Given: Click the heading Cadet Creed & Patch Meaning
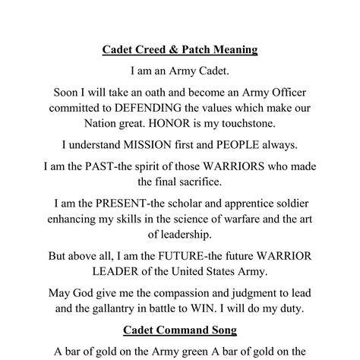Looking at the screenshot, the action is [180, 50].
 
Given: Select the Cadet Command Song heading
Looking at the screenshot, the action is [180, 330].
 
